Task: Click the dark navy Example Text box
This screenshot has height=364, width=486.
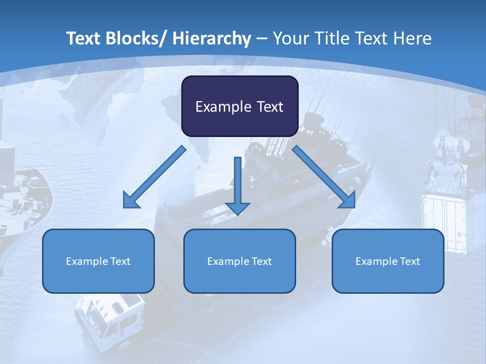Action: pos(239,106)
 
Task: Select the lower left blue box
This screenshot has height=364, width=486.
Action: pos(98,261)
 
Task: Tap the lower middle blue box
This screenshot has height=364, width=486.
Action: pos(239,261)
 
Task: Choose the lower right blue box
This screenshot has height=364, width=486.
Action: pos(388,261)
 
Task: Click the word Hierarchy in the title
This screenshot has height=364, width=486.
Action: pos(212,38)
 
